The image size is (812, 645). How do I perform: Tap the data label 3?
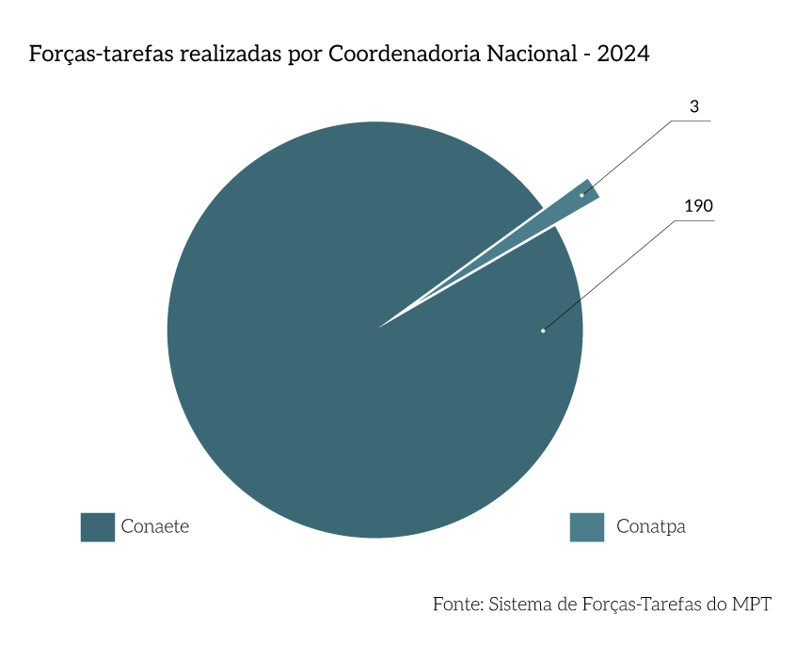[694, 107]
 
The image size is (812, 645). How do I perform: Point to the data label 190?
[698, 206]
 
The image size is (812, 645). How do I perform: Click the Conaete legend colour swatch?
[97, 527]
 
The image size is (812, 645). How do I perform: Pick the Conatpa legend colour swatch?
[586, 527]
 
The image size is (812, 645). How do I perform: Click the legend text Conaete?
[155, 527]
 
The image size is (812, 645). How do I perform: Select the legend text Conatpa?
[651, 527]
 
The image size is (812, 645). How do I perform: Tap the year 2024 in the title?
[623, 54]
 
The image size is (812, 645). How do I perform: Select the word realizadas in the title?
[225, 54]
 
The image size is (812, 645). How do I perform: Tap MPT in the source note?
[752, 605]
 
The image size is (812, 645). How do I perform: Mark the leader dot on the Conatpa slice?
[581, 195]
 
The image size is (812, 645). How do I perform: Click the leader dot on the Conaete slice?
[543, 331]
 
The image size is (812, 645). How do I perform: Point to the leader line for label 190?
[612, 274]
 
